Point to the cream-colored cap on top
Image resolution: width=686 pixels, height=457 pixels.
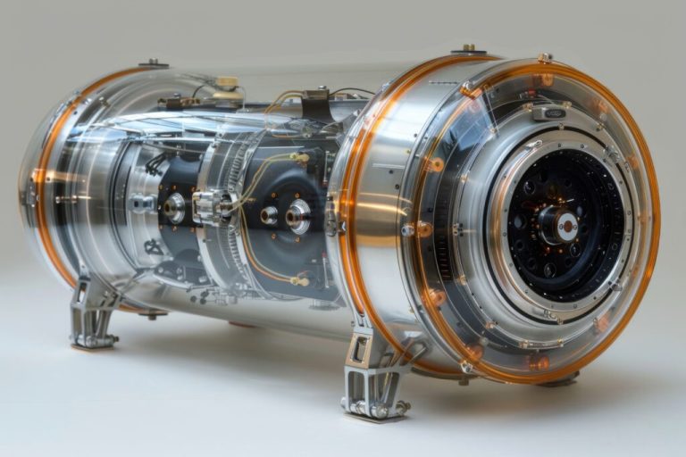click(x=227, y=84)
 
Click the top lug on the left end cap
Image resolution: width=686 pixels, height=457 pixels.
click(x=153, y=63)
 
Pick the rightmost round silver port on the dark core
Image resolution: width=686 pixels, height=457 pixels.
click(x=298, y=215)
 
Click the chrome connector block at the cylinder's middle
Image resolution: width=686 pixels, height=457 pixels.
click(x=211, y=206)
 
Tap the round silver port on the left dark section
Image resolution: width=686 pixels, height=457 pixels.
click(x=174, y=209)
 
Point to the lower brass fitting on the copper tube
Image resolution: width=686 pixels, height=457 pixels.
click(x=299, y=281)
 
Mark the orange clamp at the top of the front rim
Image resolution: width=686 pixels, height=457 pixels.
click(x=470, y=88)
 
